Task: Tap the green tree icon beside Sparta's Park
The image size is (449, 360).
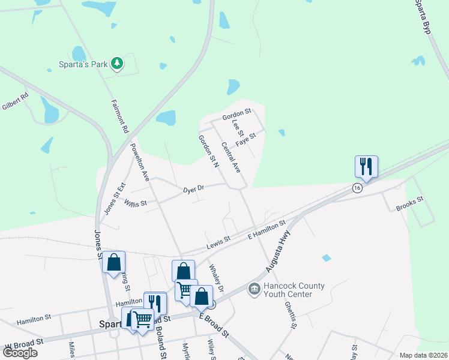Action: [118, 62]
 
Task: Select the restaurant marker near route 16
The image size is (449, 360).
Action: [366, 166]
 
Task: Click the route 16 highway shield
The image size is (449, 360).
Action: [358, 188]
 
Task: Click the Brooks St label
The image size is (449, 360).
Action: [410, 204]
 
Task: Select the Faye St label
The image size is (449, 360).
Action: [246, 140]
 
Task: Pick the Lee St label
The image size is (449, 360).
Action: [235, 127]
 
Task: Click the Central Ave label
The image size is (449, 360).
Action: [231, 157]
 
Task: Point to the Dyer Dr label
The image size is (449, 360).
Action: [194, 188]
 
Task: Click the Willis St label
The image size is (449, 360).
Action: [136, 203]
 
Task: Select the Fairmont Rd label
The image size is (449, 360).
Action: [120, 115]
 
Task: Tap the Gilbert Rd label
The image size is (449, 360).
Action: [14, 100]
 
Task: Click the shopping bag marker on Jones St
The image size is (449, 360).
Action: [113, 262]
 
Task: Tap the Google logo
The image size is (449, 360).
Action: [20, 353]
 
